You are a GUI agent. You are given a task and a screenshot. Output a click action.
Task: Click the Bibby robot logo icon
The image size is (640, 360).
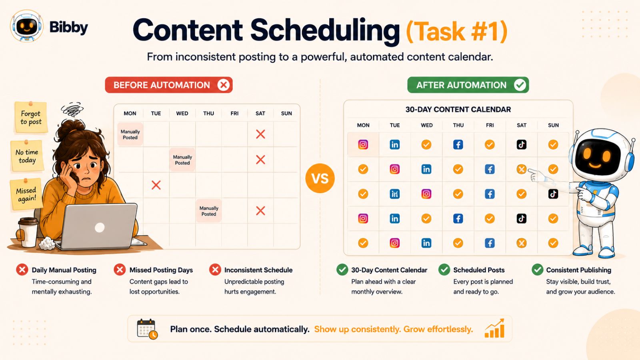coord(26,26)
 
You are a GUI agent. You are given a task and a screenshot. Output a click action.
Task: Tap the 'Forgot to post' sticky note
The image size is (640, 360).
coord(31,117)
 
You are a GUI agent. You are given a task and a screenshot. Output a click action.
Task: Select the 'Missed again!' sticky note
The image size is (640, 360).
coord(26,194)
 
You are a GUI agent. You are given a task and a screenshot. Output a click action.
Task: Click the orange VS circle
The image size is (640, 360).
coord(320,178)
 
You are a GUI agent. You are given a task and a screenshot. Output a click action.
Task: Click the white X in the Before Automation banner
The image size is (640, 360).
coord(223,85)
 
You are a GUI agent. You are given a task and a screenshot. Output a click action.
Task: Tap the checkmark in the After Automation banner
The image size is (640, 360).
coord(520,85)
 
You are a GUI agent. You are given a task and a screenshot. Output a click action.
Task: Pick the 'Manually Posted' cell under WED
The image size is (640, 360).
coord(182,160)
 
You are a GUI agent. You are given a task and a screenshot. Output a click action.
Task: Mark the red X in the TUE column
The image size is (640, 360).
coord(156,185)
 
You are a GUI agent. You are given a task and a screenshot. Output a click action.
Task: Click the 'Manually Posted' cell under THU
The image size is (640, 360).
coord(208,211)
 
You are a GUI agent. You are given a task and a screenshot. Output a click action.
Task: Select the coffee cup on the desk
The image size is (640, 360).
coord(28,232)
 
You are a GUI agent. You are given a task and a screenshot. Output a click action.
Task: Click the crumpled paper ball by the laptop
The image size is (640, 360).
coord(47,244)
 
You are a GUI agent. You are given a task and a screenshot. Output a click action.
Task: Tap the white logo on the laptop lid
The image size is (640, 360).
coord(100,228)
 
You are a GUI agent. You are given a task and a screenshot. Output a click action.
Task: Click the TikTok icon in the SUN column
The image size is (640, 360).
coord(553,194)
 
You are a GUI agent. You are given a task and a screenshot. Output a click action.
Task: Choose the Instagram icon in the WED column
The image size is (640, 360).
coord(426,194)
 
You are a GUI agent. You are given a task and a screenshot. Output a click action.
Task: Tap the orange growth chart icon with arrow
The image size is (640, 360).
coord(494,328)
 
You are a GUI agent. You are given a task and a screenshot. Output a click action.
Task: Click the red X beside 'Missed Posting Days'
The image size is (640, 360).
coord(120,270)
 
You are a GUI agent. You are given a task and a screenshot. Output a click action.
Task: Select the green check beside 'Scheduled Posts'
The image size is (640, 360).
coord(444,270)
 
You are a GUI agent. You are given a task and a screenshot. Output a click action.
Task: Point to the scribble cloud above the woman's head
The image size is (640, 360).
coord(72,109)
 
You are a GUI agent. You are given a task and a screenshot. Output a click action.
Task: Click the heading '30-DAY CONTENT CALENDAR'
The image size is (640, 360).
coord(458,110)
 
